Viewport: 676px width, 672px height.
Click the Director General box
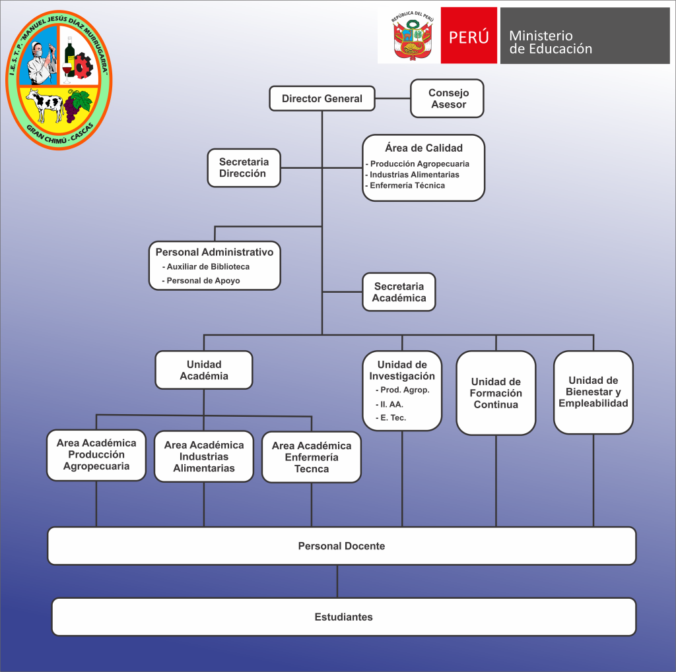tap(322, 99)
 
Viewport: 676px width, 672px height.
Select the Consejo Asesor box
tap(448, 99)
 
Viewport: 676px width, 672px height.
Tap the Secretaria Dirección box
tap(244, 168)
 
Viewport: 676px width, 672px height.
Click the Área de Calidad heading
tap(424, 148)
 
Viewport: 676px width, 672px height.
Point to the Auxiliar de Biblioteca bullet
tap(208, 266)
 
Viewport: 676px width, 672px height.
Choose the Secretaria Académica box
tap(399, 292)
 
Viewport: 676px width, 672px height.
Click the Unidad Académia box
tap(203, 370)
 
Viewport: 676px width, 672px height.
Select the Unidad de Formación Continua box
tap(496, 393)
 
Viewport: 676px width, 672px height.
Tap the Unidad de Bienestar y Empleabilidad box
tap(593, 392)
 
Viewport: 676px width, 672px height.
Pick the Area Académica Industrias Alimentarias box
tap(203, 456)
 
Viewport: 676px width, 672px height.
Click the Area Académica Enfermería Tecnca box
tap(311, 457)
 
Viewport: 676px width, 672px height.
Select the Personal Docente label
tap(341, 546)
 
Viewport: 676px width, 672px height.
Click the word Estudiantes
tap(343, 617)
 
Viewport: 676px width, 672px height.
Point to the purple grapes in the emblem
tap(78, 106)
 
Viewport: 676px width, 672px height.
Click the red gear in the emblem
tap(83, 65)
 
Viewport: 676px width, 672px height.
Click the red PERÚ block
tap(469, 36)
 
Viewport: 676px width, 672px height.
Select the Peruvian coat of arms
tap(408, 37)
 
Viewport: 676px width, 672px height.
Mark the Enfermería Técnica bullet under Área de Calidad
tap(407, 185)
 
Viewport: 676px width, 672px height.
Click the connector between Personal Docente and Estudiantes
tap(337, 581)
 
